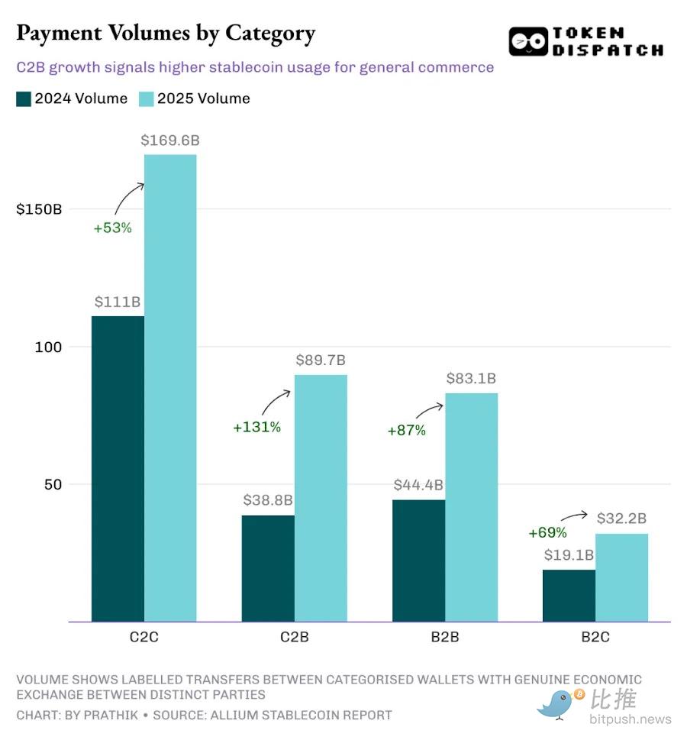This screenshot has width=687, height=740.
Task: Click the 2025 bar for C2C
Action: point(170,388)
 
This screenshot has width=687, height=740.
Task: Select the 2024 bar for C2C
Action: point(118,468)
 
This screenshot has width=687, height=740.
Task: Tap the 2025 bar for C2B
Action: point(321,498)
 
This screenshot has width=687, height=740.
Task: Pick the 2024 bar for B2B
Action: point(418,561)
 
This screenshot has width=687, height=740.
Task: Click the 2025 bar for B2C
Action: point(621,577)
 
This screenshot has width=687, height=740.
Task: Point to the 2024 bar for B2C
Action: point(569,596)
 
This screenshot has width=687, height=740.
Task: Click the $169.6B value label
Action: point(170,141)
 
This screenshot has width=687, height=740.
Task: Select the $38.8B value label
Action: point(268,501)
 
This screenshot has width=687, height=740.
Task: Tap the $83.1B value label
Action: point(471,378)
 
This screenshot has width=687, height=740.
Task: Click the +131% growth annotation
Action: point(256,427)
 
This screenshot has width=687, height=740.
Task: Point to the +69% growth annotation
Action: point(547,532)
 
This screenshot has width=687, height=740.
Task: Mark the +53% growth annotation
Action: point(112,228)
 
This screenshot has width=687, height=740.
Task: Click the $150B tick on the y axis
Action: point(39,209)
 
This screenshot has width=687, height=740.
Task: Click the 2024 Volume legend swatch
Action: point(24,99)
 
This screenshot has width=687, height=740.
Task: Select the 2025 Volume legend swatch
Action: point(146,99)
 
